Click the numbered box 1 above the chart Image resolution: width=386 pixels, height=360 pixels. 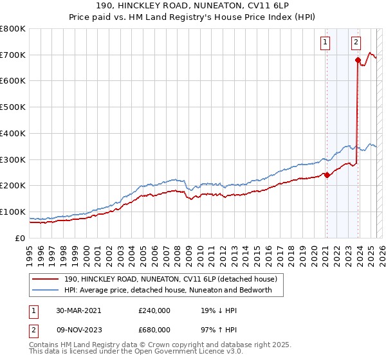point(326,43)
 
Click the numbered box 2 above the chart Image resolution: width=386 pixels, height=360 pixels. point(356,43)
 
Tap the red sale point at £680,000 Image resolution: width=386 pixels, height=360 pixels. point(357,60)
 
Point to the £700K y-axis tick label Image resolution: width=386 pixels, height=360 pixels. point(13,55)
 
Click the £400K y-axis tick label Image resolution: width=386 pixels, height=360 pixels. point(13,134)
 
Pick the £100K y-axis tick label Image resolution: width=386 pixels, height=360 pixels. point(13,212)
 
